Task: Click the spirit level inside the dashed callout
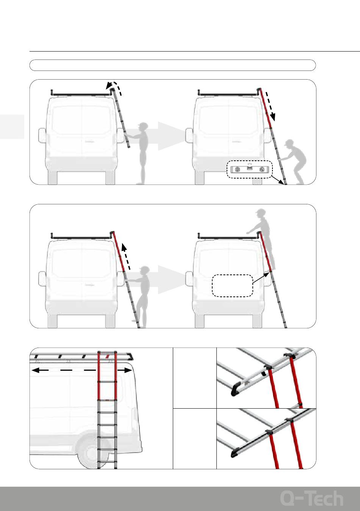point(250,169)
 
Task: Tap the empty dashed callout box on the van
point(232,285)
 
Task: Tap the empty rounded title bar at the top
point(172,65)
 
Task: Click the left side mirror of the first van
point(42,136)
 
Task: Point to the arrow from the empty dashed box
point(261,277)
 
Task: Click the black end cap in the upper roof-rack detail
point(236,389)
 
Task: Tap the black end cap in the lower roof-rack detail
point(235,452)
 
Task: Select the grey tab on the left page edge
point(12,127)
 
